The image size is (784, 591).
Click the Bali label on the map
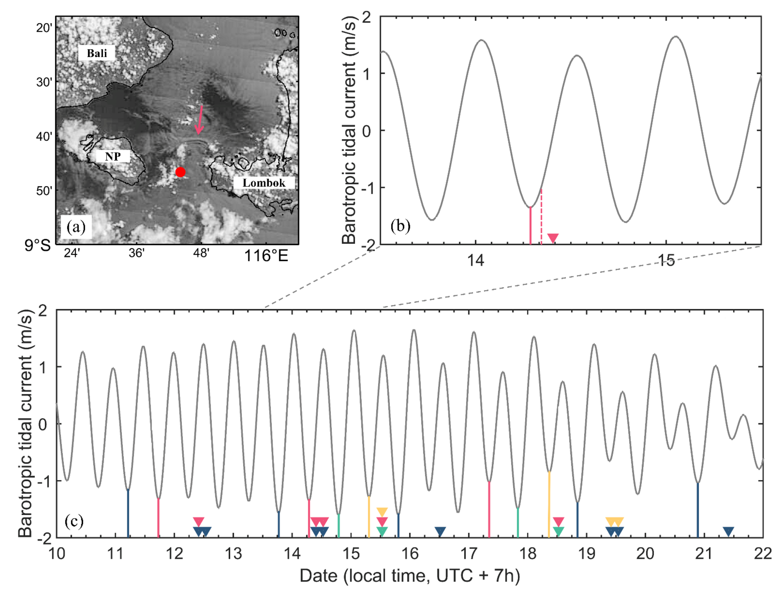coord(97,53)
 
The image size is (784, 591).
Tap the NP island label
coord(113,156)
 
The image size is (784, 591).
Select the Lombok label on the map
coord(264,183)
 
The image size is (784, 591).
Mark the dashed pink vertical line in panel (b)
coord(541,216)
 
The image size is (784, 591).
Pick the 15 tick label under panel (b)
coord(666,261)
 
